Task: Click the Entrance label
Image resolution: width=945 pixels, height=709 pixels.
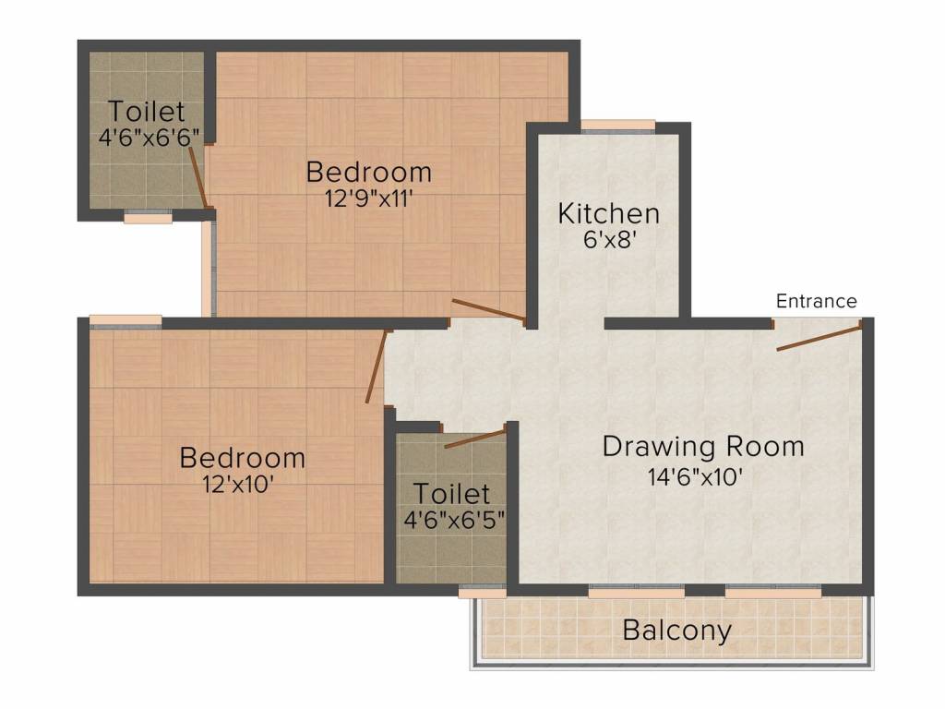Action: (x=816, y=301)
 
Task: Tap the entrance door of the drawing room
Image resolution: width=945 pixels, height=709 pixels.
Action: (x=819, y=337)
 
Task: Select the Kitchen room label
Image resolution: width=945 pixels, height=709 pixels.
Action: (x=609, y=213)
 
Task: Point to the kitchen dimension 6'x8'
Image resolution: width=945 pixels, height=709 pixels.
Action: (x=610, y=239)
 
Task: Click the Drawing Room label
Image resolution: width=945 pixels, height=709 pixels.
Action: (x=703, y=447)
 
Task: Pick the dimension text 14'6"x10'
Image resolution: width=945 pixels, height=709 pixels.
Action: (x=695, y=477)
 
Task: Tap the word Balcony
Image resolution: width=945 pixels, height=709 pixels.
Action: (x=676, y=631)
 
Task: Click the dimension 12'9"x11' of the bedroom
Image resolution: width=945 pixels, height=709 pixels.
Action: (x=369, y=198)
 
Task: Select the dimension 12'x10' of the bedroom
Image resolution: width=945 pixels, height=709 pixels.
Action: (x=239, y=484)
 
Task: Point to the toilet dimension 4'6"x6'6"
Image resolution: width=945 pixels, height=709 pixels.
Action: (x=149, y=137)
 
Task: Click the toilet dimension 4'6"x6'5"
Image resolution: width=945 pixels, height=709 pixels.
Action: (x=454, y=519)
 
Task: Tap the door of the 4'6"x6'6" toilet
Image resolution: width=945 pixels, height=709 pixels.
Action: (x=199, y=177)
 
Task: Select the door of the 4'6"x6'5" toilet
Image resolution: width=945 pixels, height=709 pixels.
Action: (x=475, y=439)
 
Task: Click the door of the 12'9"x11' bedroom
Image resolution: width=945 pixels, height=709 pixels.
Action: (x=489, y=309)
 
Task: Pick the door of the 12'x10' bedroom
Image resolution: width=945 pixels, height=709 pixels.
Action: (x=377, y=366)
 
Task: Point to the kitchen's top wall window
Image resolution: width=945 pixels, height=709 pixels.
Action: (x=617, y=125)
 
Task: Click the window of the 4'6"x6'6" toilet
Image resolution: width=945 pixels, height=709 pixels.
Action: (x=148, y=217)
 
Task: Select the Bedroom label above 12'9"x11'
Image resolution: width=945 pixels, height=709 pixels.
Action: (x=369, y=173)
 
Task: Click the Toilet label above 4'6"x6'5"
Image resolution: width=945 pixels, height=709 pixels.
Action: (x=451, y=494)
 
